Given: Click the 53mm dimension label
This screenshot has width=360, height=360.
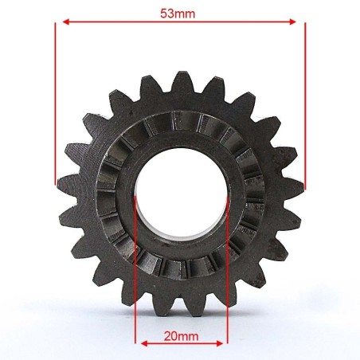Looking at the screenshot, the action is (178, 14).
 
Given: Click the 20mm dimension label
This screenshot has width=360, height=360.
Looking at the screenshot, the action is (181, 336).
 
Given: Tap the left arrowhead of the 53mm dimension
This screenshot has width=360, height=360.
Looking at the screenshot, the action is (66, 22).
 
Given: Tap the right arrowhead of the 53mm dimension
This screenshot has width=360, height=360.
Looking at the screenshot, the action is (292, 22).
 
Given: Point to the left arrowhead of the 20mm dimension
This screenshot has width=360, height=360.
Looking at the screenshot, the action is (144, 344).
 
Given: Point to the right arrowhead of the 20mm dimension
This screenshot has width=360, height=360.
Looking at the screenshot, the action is (220, 344).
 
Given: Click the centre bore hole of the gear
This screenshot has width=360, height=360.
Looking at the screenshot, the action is (181, 194).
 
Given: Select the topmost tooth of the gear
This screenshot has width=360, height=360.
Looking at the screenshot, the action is (182, 81).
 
